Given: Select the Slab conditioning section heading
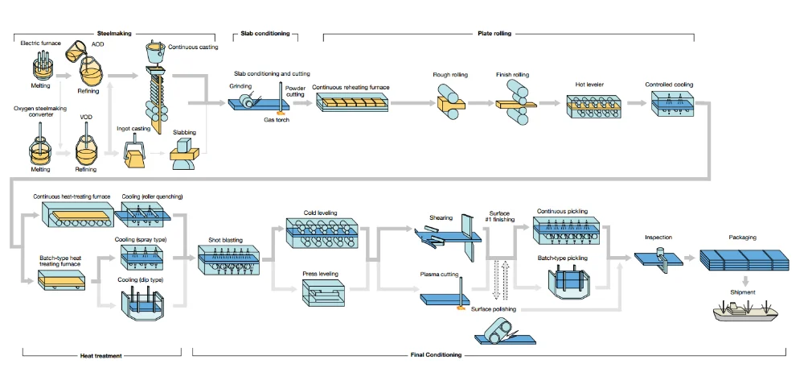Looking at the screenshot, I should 265,33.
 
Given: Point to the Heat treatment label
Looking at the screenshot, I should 101,354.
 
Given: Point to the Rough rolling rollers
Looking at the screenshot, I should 449,105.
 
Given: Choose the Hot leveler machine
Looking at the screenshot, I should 594,108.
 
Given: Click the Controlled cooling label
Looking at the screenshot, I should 669,84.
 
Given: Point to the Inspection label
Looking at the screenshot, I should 658,238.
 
